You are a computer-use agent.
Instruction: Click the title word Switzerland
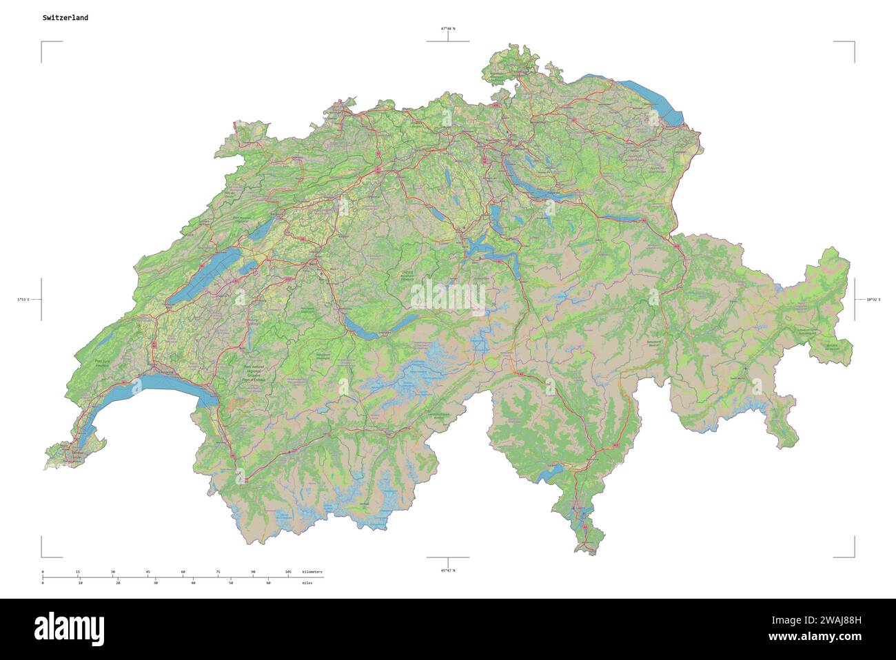point(65,18)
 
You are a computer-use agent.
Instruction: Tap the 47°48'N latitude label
point(448,29)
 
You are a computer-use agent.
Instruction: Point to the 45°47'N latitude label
point(448,570)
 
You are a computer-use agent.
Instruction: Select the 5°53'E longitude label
point(23,300)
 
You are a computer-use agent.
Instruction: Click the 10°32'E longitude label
point(873,300)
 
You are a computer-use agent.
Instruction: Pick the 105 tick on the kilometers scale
point(288,573)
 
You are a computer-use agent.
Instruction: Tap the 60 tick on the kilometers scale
point(183,573)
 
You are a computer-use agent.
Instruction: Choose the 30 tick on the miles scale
point(156,583)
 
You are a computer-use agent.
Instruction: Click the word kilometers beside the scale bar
point(312,573)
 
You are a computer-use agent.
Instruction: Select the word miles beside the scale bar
point(307,583)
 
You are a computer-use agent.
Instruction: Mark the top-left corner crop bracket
point(43,43)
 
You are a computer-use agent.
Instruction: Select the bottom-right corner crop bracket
point(853,555)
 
